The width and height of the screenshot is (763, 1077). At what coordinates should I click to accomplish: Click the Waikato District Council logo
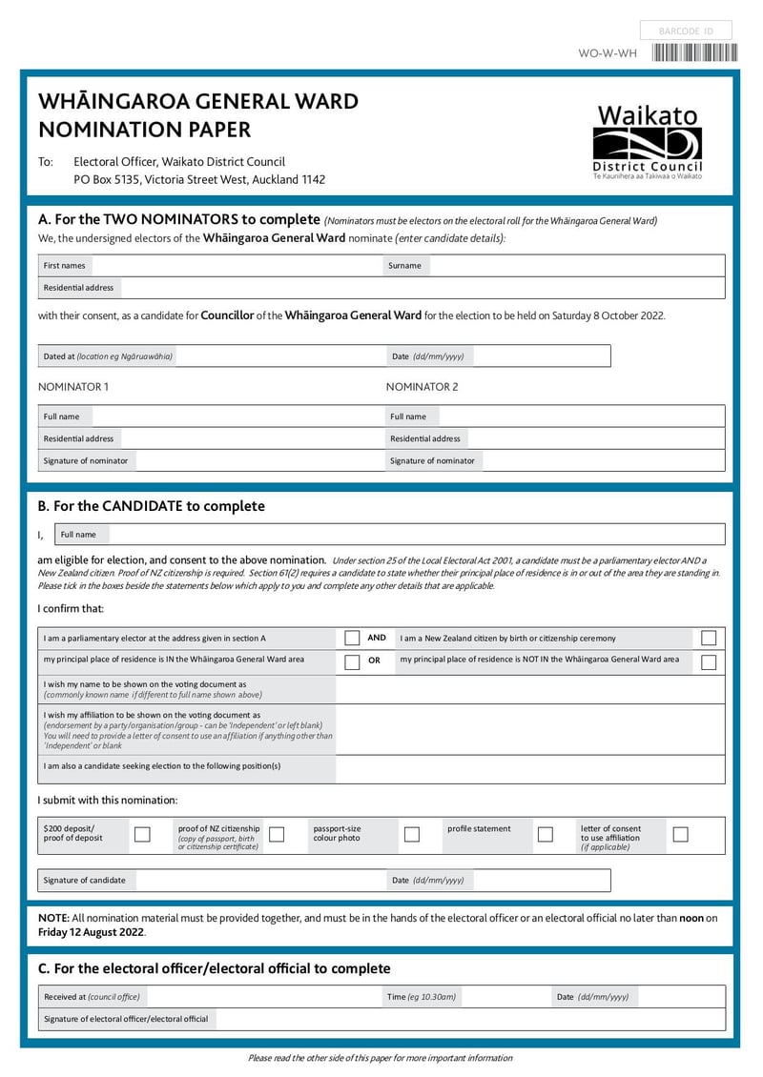(x=648, y=143)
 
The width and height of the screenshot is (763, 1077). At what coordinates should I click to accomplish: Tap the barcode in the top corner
(x=694, y=53)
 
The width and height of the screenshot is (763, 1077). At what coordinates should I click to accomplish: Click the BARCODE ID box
(x=686, y=31)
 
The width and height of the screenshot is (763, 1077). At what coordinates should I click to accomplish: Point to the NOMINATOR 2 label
(x=422, y=387)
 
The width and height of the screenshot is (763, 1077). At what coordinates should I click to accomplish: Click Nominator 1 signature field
(x=258, y=461)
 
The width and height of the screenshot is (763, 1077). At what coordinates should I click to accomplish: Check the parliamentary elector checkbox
(x=352, y=639)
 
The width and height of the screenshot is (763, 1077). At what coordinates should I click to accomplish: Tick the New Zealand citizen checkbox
(x=709, y=639)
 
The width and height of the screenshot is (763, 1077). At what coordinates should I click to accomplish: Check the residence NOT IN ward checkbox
(x=709, y=661)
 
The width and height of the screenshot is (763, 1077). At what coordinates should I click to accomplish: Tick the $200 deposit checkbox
(x=142, y=834)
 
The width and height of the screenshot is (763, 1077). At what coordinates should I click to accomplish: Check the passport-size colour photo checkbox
(x=412, y=834)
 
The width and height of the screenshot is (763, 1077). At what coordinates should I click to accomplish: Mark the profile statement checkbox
(x=546, y=834)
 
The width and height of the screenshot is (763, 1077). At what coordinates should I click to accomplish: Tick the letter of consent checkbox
(x=680, y=834)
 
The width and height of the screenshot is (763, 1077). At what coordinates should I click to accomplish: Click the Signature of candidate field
(x=258, y=881)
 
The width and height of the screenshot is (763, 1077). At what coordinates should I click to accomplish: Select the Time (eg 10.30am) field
(x=505, y=997)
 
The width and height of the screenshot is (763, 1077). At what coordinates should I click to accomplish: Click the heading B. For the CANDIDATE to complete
(x=151, y=506)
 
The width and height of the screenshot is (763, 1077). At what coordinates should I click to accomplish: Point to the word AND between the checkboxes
(x=377, y=638)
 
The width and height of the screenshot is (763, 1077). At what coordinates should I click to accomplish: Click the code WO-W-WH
(x=607, y=53)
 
